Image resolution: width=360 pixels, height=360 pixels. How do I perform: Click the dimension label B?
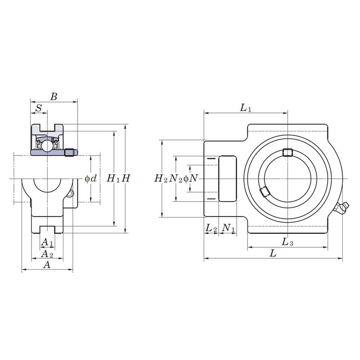54,97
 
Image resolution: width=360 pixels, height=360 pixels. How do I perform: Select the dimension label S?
39,108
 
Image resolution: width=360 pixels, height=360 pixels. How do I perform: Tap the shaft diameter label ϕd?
90,178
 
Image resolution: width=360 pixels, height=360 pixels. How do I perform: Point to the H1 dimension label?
113,178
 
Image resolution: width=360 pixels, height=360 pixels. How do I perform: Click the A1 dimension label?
47,242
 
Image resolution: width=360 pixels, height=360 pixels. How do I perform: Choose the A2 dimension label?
47,254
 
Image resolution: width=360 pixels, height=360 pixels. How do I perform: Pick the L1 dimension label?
246,108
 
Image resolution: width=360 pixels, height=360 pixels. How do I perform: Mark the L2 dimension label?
211,228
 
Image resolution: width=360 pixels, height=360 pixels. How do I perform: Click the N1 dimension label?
228,228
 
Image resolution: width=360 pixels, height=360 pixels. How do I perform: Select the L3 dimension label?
287,242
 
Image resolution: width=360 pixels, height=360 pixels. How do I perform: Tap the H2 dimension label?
161,178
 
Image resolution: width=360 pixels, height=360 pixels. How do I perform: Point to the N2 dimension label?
175,178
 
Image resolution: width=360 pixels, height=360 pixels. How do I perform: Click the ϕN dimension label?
190,178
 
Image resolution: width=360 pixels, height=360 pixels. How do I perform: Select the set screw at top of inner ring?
287,152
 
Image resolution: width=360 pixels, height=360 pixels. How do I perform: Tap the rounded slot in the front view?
228,178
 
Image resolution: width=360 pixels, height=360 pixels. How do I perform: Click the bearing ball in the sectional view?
47,144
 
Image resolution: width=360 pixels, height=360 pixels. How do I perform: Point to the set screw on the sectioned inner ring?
70,152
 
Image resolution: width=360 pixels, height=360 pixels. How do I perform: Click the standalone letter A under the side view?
47,265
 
